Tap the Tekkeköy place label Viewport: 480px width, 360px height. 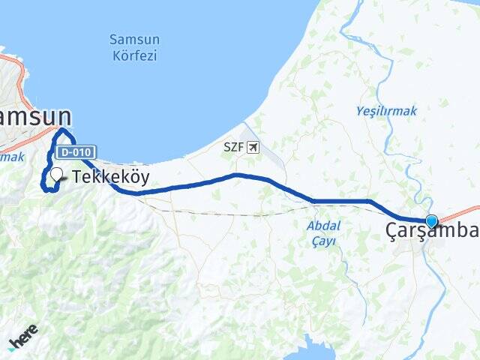pos(111,177)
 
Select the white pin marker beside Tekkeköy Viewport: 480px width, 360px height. pos(56,175)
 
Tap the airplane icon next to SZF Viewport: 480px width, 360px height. pos(253,147)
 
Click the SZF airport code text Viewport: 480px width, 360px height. pos(233,147)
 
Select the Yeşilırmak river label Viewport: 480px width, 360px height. pos(386,111)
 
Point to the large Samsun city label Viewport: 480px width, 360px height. pos(34,116)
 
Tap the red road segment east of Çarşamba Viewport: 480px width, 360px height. pos(461,211)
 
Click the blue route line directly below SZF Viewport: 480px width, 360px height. pos(237,175)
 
